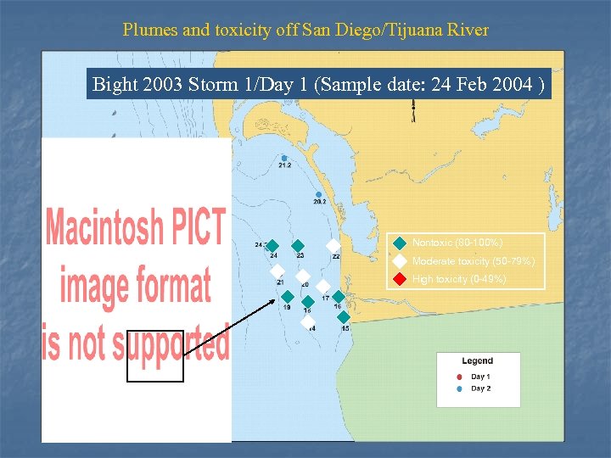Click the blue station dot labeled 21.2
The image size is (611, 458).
click(x=284, y=159)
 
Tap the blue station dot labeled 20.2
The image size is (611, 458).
click(x=319, y=195)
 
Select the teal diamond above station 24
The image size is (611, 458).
click(x=272, y=246)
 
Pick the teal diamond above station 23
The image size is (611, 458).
click(x=298, y=246)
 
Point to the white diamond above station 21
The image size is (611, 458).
click(x=277, y=271)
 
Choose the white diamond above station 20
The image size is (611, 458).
click(x=302, y=276)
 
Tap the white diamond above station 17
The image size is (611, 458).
click(x=323, y=287)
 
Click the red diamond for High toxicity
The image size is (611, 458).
click(x=401, y=279)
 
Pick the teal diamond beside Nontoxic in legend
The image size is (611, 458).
click(x=401, y=243)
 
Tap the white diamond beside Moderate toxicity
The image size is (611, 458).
click(x=401, y=261)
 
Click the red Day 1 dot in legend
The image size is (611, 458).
click(x=459, y=377)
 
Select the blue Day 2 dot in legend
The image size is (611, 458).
click(x=459, y=388)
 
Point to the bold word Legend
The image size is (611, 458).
click(x=477, y=361)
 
